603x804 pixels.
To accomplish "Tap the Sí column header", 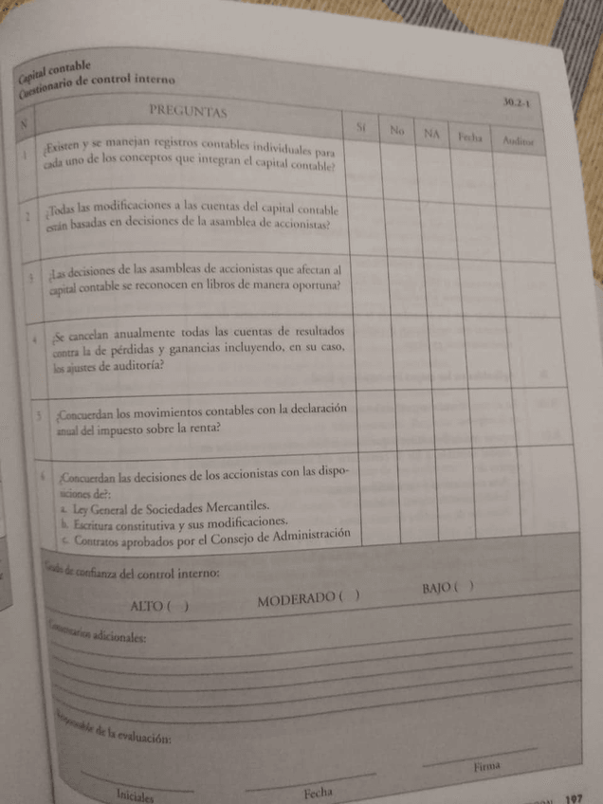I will tap(360, 126).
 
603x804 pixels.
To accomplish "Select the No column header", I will tap(397, 129).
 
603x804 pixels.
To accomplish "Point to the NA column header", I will tap(432, 134).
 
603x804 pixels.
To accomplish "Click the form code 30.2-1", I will tap(516, 101).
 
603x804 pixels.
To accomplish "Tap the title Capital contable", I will tap(68, 66).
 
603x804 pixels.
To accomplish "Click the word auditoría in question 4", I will tap(140, 366).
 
